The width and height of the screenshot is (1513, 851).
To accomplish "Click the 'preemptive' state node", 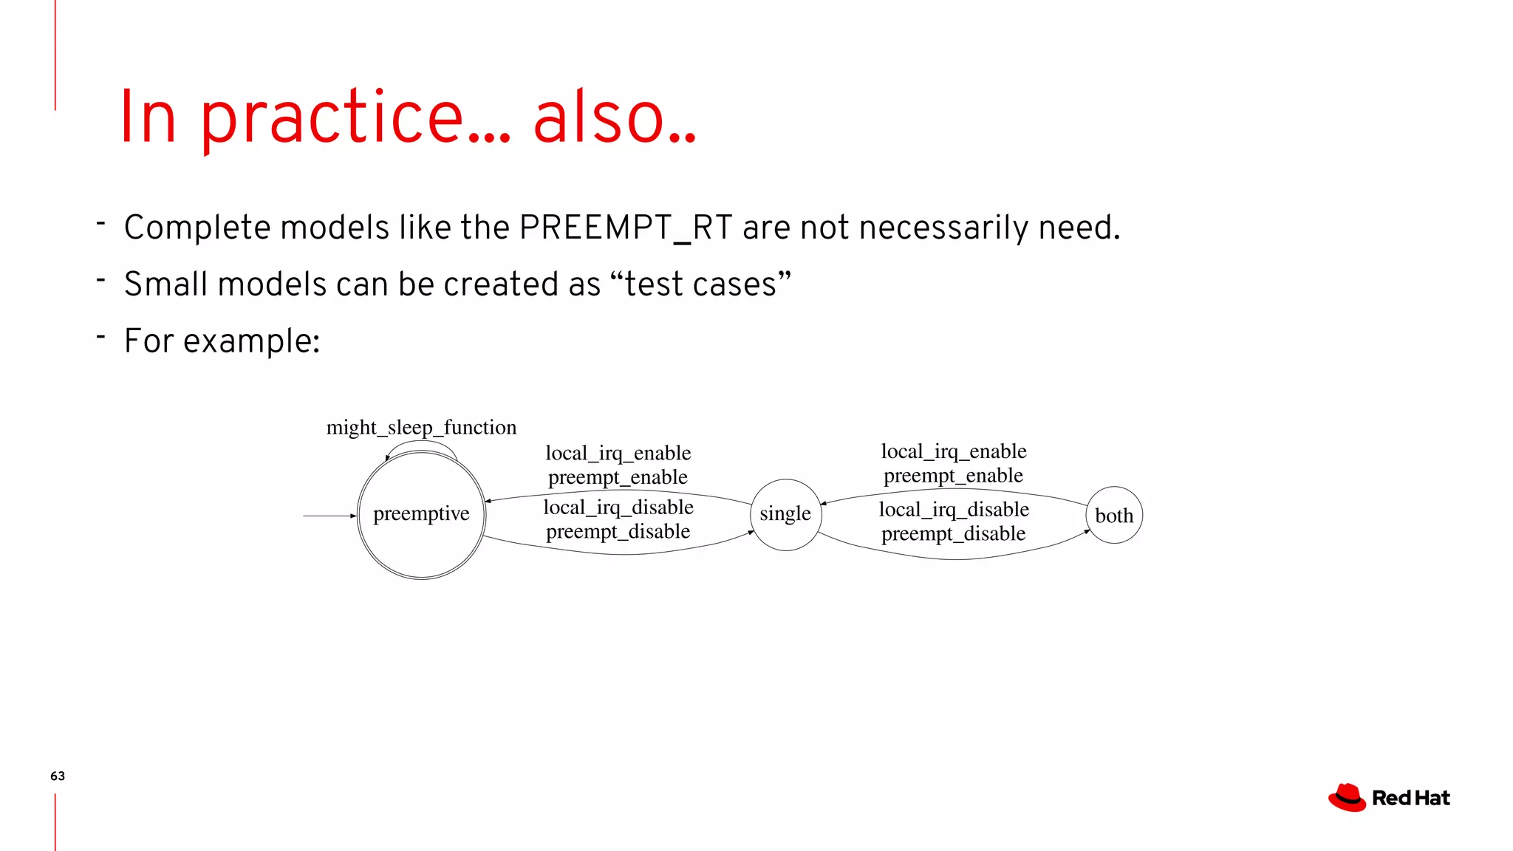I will (421, 515).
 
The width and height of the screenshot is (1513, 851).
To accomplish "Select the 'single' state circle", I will (785, 514).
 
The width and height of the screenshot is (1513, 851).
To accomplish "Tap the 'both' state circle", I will (1114, 516).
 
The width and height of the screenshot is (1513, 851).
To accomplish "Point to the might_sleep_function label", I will (421, 428).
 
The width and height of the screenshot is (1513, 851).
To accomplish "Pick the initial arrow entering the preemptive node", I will (329, 516).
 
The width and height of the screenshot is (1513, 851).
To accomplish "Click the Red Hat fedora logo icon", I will (1347, 798).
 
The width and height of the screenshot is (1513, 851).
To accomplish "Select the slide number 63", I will (58, 776).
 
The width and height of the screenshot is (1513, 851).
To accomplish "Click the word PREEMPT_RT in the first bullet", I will (625, 228).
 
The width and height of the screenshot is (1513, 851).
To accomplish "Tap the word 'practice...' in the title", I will (355, 118).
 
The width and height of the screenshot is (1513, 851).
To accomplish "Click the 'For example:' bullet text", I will (222, 341).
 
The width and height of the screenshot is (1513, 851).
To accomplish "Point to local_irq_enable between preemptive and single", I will (618, 453).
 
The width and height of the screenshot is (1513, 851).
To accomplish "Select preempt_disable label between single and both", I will (953, 533).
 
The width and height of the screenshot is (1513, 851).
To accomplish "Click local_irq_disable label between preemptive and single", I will (618, 507).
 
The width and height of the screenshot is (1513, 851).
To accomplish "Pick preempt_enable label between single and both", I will (953, 476).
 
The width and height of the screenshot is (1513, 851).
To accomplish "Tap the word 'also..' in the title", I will (615, 118).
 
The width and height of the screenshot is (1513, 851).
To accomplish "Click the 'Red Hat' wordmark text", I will (1410, 799).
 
